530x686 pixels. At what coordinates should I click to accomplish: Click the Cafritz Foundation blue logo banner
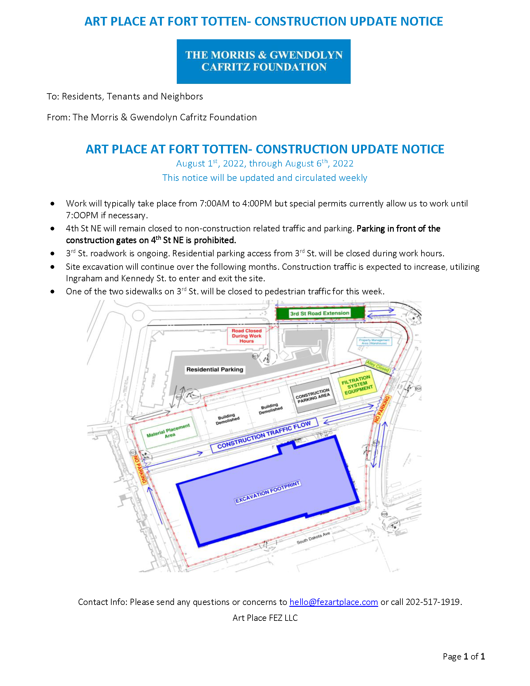coord(263,61)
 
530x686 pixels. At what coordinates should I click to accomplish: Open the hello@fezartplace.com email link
coord(334,602)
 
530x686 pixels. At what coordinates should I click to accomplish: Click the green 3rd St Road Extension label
coord(320,313)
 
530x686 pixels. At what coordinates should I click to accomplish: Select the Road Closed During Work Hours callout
coord(247,336)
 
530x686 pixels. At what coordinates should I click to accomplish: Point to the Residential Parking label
coord(215,370)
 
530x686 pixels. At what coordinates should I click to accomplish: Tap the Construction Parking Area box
coord(313,395)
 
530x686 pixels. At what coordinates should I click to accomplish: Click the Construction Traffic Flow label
coord(264,435)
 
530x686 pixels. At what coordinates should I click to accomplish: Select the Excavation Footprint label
coord(268,492)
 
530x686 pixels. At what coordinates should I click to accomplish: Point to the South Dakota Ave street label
coord(313,538)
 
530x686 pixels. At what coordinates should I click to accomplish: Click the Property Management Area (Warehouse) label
coord(374,341)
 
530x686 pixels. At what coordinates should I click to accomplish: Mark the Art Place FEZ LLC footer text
coord(265,618)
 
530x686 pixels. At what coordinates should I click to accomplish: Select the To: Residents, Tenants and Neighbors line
coord(125,96)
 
